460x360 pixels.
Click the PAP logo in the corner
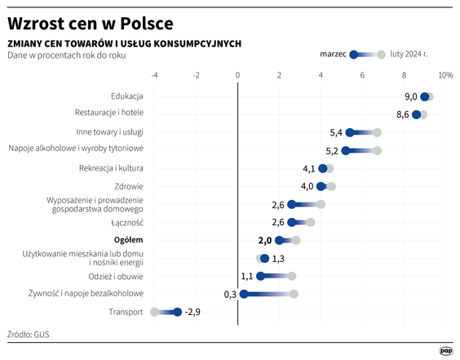pyautogui.click(x=445, y=349)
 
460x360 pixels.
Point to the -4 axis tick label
pyautogui.click(x=154, y=76)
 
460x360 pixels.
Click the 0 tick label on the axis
pyautogui.click(x=237, y=76)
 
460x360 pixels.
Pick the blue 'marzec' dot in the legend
pyautogui.click(x=354, y=55)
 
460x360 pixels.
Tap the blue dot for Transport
pyautogui.click(x=177, y=312)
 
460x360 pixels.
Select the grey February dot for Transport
pyautogui.click(x=154, y=312)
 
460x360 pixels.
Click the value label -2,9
pyautogui.click(x=192, y=312)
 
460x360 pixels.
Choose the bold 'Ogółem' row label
pyautogui.click(x=129, y=240)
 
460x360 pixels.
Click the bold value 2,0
pyautogui.click(x=263, y=240)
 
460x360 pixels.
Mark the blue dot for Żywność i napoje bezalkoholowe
pyautogui.click(x=243, y=294)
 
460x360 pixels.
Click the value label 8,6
pyautogui.click(x=402, y=115)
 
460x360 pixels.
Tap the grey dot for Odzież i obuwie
pyautogui.click(x=291, y=276)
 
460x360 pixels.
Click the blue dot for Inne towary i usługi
pyautogui.click(x=350, y=132)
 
